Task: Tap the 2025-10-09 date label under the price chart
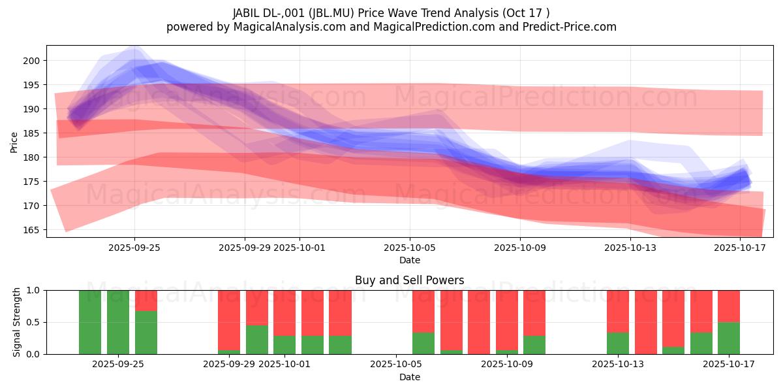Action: (x=520, y=248)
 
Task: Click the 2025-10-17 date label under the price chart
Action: (x=740, y=248)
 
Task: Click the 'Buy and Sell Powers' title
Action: (x=409, y=280)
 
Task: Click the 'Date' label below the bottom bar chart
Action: (x=409, y=377)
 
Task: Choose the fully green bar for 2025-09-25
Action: (x=118, y=322)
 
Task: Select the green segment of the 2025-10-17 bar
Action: (x=729, y=338)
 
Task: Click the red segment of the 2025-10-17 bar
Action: (x=729, y=306)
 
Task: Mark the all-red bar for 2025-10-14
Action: (x=646, y=322)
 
